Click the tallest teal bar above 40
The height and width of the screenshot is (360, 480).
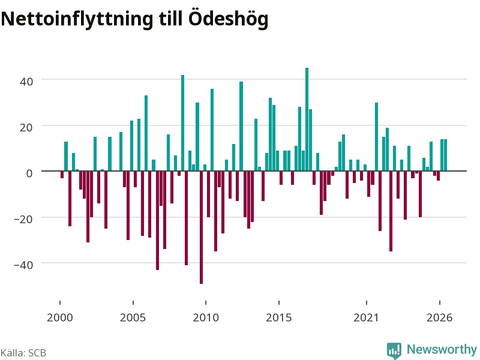pos(307,119)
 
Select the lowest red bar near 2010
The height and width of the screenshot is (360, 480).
pos(201,227)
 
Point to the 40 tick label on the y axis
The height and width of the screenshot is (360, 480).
pos(26,82)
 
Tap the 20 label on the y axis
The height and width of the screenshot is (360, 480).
pos(26,127)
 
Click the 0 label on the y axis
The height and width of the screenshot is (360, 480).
pos(29,173)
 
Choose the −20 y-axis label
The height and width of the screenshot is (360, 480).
pos(23,219)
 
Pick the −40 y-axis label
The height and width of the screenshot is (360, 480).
pos(23,265)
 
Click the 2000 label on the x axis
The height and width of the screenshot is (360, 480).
pos(59,317)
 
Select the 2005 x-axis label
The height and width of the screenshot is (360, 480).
pos(133,317)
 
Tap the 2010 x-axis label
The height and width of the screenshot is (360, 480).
pos(206,317)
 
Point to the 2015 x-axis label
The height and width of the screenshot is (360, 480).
pos(278,317)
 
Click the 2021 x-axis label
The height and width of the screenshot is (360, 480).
pos(366,317)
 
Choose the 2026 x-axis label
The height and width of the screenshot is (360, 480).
pos(439,317)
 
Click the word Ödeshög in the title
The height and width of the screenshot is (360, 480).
pos(228,19)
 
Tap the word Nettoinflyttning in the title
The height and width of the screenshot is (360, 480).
pos(77,20)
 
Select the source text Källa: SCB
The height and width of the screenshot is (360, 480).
pos(23,353)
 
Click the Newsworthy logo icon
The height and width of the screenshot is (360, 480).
pos(394,350)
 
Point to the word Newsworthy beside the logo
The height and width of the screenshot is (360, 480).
pos(442,349)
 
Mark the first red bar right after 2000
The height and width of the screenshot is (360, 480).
pos(62,175)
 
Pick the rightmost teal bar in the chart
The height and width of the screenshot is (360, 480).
pos(445,155)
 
